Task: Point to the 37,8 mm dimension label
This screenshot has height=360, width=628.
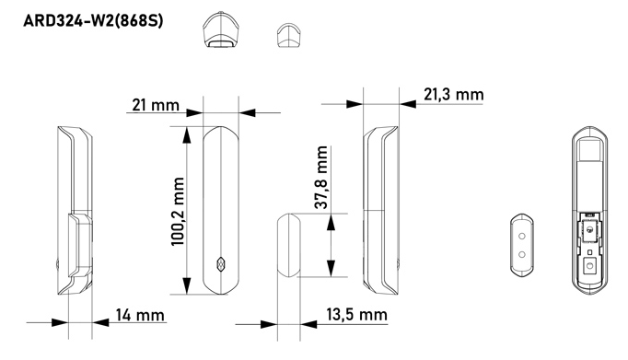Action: (320, 177)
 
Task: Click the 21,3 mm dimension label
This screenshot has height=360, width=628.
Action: (453, 95)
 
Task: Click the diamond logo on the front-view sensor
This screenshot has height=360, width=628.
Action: (219, 261)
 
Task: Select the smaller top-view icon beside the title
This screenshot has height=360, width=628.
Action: (288, 35)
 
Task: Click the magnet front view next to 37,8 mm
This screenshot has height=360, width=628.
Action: (289, 244)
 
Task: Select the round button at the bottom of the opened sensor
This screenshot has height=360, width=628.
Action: (589, 264)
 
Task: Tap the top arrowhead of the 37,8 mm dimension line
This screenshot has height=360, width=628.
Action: (329, 217)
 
